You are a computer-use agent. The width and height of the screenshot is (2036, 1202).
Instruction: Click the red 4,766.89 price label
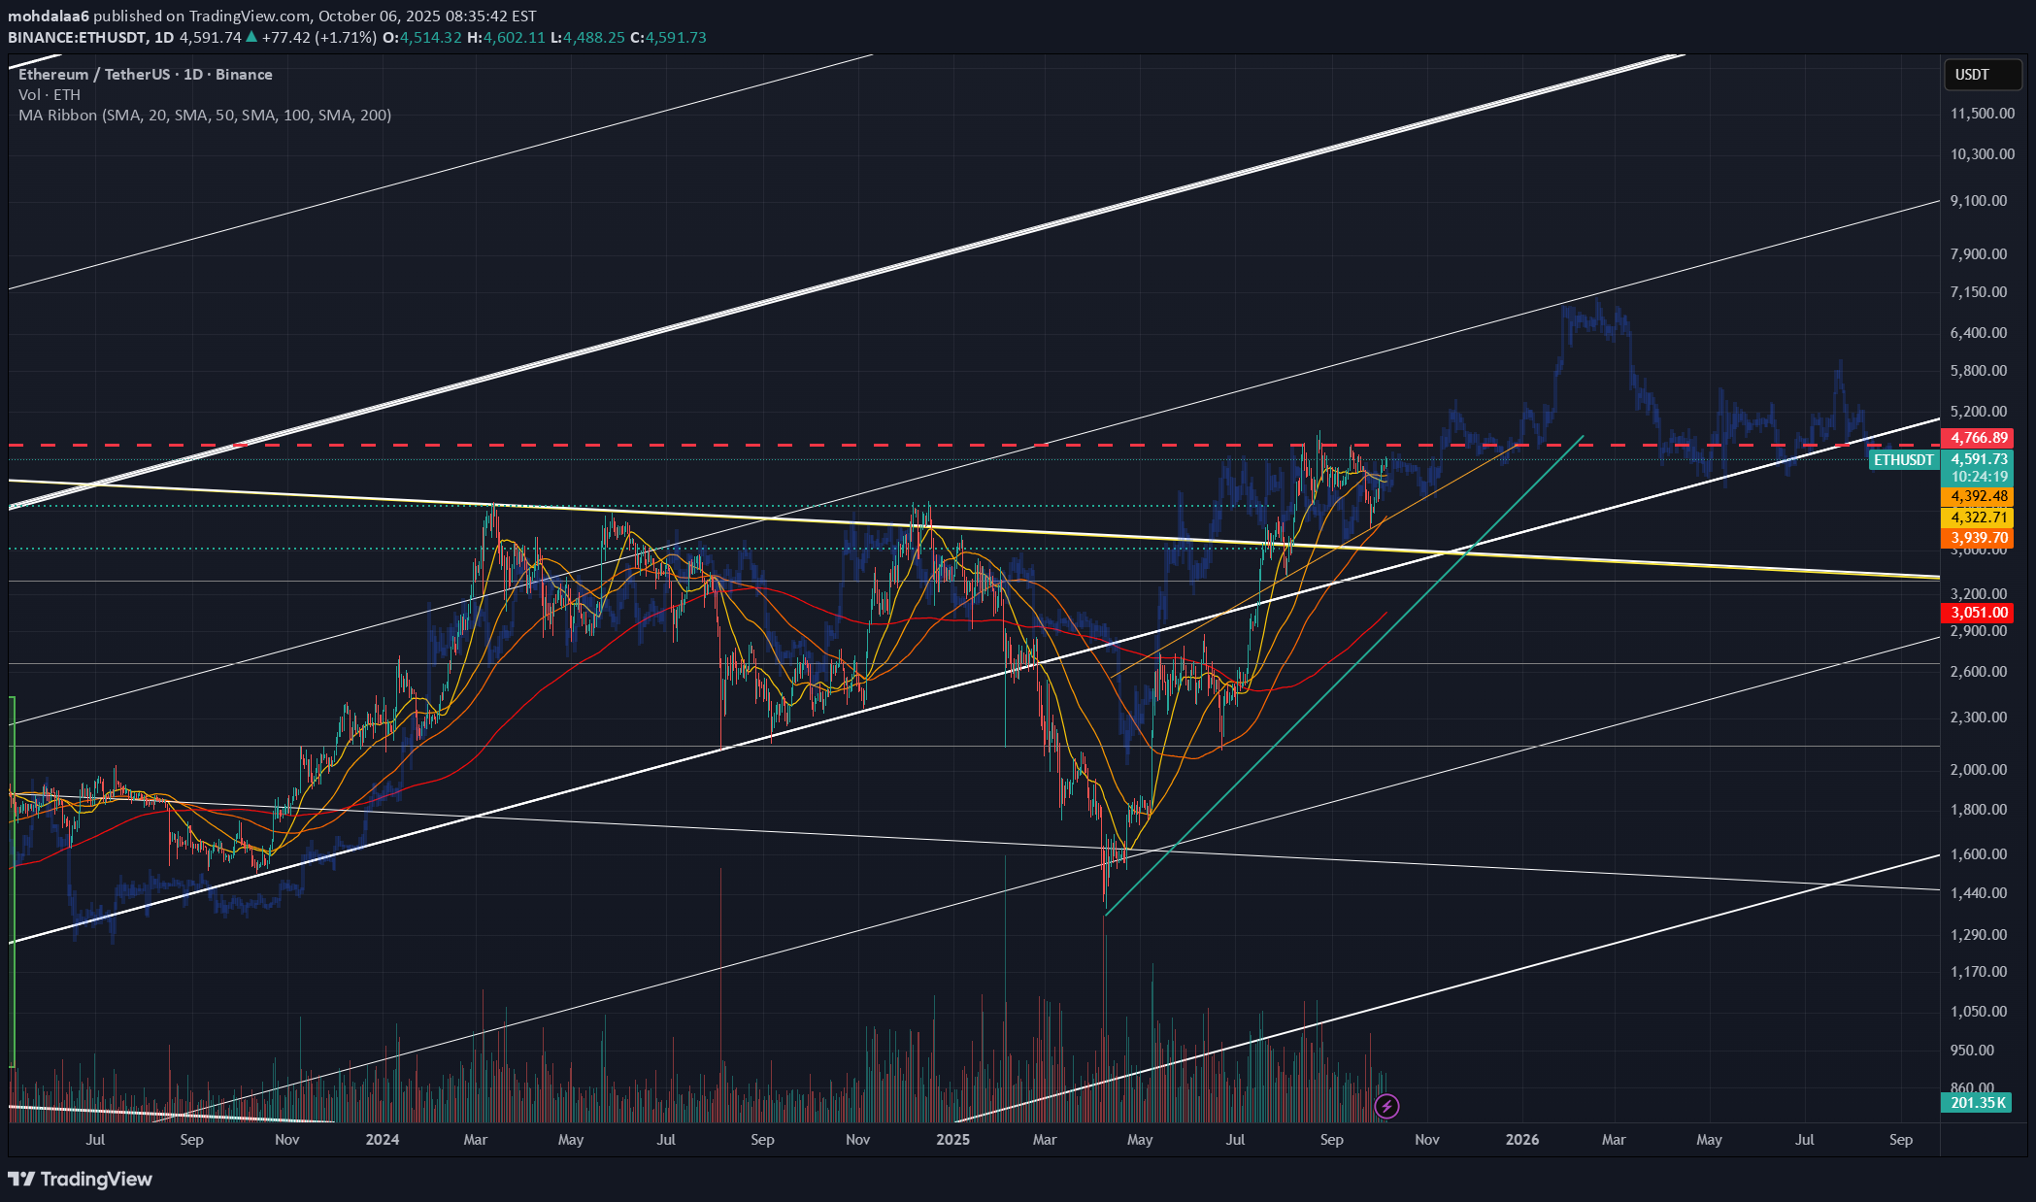pos(1979,438)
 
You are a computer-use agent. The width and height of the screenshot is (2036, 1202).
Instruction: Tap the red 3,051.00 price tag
pos(1979,613)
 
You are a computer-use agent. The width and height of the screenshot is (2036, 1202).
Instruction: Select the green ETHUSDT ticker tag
pos(1903,459)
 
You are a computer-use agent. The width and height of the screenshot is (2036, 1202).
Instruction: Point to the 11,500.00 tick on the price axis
pos(1982,114)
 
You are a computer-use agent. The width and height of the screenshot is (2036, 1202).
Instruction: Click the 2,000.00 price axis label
pos(1978,769)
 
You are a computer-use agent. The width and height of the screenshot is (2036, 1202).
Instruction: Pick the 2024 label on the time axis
pos(382,1139)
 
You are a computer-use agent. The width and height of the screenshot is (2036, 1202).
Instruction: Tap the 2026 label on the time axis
pos(1521,1139)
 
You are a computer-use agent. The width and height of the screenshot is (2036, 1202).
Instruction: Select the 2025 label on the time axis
pos(952,1139)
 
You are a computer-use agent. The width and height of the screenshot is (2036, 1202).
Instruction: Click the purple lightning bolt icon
pos(1386,1105)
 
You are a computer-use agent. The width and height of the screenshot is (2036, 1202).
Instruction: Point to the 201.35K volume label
pos(1977,1102)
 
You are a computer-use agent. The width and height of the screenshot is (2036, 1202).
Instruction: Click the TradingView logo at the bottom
pos(81,1179)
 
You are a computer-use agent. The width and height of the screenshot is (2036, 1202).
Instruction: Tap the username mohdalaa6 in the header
pos(49,17)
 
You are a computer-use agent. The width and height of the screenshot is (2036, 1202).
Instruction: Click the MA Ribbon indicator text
pos(205,115)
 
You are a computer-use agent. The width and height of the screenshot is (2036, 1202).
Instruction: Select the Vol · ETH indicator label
pos(50,94)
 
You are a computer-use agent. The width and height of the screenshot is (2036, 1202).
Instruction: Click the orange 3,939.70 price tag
pos(1979,538)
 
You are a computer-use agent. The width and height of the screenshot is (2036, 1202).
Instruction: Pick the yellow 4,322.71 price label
pos(1979,518)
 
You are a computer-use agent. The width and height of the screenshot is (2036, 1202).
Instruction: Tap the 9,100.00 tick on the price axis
pos(1978,201)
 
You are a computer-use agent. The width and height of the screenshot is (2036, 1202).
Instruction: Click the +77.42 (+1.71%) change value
pos(318,37)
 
